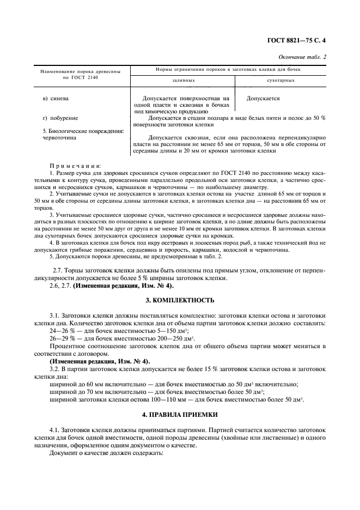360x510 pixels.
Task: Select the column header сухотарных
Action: tap(281, 80)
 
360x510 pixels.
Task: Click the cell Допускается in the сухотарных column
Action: tap(263, 99)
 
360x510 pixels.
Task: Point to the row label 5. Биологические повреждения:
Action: tap(76, 131)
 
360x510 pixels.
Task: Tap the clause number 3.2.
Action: tap(56, 369)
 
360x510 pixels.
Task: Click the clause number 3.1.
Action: tap(56, 315)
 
